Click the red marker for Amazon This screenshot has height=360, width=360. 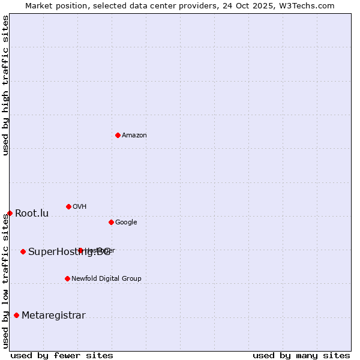coord(118,135)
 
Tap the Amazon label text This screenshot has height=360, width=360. coord(134,136)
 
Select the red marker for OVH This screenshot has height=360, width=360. coord(68,206)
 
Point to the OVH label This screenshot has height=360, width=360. coord(80,207)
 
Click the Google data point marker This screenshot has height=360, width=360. coord(111,222)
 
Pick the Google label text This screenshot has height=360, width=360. coord(126,223)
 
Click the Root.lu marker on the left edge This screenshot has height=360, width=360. coord(10,213)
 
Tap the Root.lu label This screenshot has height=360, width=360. coord(32,214)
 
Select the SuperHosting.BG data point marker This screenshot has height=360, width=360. coord(23,251)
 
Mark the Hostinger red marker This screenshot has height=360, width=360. coord(80,250)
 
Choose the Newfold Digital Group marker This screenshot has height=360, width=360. coord(67,278)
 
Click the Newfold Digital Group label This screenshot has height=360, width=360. coord(106,279)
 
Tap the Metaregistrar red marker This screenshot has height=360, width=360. coord(16,315)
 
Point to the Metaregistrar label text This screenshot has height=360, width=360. coord(53,316)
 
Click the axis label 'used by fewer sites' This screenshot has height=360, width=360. coord(62,355)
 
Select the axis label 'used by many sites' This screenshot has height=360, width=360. coord(301,355)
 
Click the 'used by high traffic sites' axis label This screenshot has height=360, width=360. coord(5,86)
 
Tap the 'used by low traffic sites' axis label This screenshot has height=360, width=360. coord(5,281)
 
